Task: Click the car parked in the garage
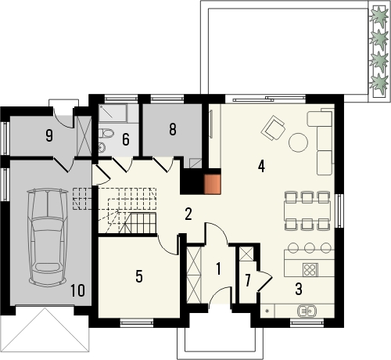45,237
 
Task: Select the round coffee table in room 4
299,142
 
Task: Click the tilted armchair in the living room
273,127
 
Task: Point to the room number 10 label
77,291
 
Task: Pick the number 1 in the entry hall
219,269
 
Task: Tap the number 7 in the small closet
248,279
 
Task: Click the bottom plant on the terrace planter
380,81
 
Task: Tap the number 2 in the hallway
188,213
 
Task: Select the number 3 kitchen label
299,287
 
